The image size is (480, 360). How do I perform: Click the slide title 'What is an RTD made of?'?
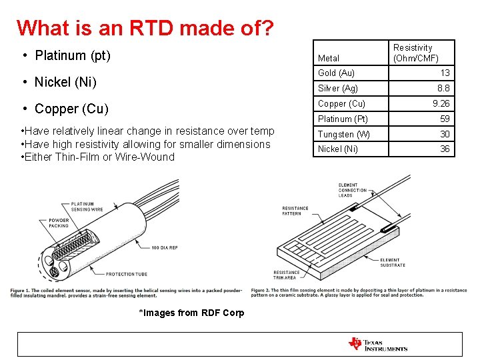coord(145,29)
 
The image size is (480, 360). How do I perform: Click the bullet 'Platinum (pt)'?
coord(72,55)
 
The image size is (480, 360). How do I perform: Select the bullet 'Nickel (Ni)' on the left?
coord(65,82)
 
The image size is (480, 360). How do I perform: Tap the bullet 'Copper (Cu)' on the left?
coord(71,109)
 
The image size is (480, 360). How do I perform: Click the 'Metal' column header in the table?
coord(329,59)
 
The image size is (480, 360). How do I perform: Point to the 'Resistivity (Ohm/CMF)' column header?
coord(415,53)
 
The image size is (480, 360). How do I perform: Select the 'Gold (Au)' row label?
coord(336,73)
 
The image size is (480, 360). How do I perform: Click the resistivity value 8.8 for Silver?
coord(443,88)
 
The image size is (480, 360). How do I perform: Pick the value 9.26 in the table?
coord(441,103)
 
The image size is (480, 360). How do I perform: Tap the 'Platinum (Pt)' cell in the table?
coord(343,119)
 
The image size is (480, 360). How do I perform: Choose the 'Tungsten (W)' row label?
coord(343,134)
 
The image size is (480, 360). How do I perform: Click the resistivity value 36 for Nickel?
coord(445,149)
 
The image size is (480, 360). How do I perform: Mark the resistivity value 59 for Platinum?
coord(445,119)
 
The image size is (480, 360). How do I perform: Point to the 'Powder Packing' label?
coord(59,223)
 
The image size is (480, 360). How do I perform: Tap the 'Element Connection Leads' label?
coord(353,190)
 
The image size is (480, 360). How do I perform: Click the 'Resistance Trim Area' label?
coord(287,275)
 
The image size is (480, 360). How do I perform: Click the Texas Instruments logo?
coord(378,344)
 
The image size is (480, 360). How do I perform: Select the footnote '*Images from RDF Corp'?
coord(191,313)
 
